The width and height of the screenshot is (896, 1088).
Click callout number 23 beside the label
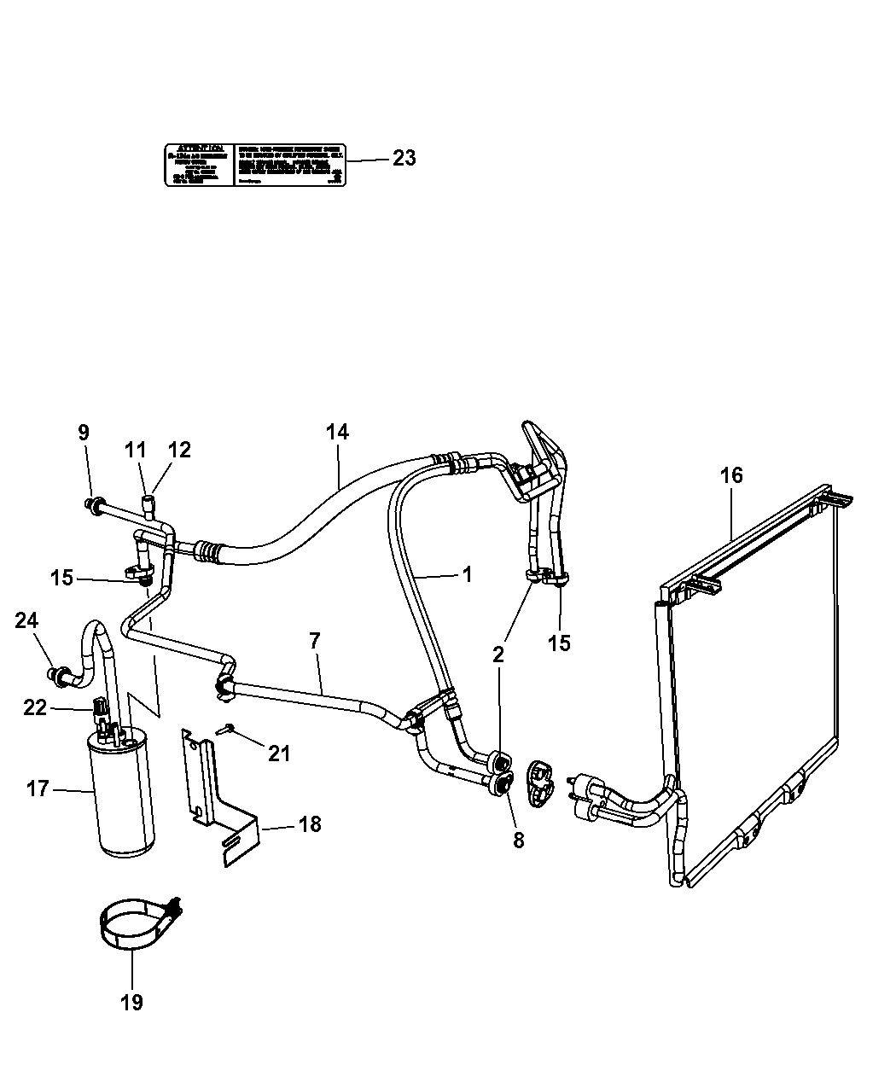click(x=404, y=158)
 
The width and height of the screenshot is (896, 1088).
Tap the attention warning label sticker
click(x=254, y=164)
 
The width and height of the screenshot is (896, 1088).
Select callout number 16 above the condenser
click(x=731, y=476)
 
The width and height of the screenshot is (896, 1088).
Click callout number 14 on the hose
click(x=337, y=432)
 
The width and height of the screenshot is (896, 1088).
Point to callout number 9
click(x=84, y=433)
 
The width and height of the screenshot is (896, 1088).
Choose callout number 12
click(x=179, y=450)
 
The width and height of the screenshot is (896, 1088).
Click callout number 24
click(x=26, y=620)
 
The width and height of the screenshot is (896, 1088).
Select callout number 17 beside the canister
click(x=38, y=789)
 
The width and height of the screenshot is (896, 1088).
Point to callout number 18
click(x=310, y=824)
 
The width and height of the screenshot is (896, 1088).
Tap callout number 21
click(x=279, y=753)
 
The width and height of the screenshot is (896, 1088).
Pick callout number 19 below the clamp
click(x=132, y=1001)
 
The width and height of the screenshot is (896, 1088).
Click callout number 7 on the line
click(x=315, y=639)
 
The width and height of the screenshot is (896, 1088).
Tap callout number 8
click(x=518, y=840)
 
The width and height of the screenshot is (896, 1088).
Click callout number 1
click(x=467, y=574)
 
